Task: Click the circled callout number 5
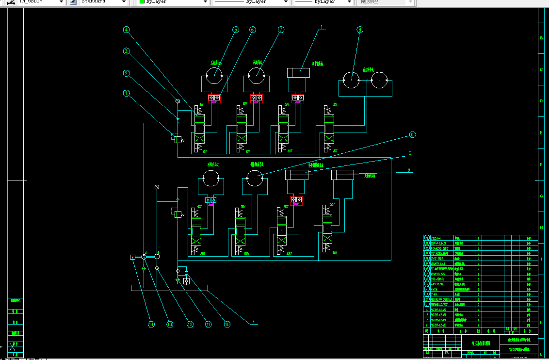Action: (236, 30)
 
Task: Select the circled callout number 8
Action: (359, 30)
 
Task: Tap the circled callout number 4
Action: (126, 30)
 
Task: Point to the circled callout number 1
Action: (127, 93)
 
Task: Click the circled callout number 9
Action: (413, 134)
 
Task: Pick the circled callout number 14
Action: (151, 325)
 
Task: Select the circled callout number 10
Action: (227, 325)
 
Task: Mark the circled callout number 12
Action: (190, 325)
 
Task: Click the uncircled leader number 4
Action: (253, 322)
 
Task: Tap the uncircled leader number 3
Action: (409, 170)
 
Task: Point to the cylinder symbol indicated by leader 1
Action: (299, 73)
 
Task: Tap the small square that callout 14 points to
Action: (132, 257)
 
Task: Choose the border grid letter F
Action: (541, 164)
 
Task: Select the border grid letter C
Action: (541, 69)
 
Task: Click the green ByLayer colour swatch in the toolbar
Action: (142, 2)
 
